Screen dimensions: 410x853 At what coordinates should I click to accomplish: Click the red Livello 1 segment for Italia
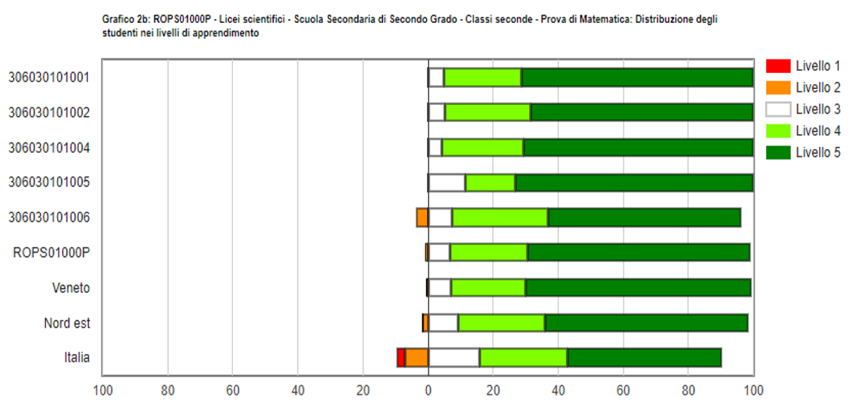coord(401,358)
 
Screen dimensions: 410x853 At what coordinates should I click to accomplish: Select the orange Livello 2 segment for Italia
coord(417,358)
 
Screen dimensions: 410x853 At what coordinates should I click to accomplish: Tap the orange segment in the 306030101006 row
coord(422,218)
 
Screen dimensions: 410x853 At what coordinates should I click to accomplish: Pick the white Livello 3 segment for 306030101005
coord(447,182)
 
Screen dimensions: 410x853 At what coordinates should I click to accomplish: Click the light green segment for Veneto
coord(488,288)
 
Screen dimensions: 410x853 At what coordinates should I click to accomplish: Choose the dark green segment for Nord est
coord(646,322)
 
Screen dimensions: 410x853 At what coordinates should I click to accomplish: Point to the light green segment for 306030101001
coord(482,77)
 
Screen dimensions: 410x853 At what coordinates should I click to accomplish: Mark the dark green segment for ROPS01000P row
coord(639,252)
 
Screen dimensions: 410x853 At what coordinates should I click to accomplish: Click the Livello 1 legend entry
coord(817,66)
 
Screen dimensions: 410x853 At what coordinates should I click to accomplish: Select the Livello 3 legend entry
coord(817,109)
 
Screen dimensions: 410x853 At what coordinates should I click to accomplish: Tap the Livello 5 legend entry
coord(817,153)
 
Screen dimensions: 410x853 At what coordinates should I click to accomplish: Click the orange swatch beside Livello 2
coord(778,88)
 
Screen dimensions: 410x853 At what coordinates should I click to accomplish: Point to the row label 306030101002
coord(49,112)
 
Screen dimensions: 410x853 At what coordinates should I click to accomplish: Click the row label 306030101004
coord(49,148)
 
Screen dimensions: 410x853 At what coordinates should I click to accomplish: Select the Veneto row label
coord(71,288)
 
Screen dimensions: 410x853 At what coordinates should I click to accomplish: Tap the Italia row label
coord(77,358)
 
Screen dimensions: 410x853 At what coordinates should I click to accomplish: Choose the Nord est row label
coord(67,322)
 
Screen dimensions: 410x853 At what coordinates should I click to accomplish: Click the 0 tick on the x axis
coord(428,392)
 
